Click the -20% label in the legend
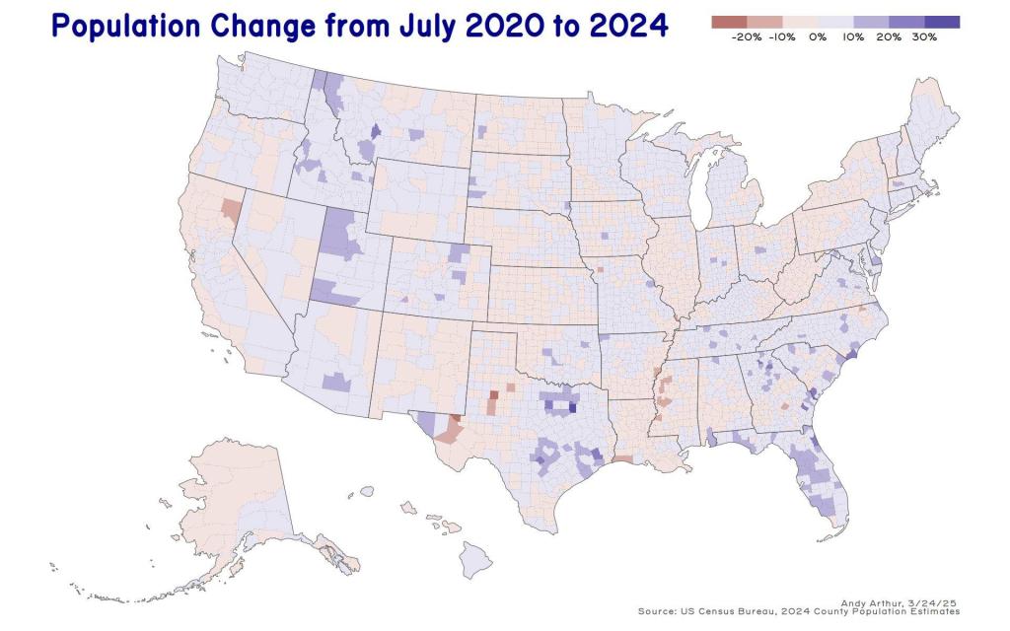(x=748, y=36)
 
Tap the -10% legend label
(x=782, y=36)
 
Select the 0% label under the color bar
(x=818, y=36)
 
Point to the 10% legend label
(x=853, y=36)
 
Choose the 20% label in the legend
(x=889, y=36)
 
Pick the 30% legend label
(x=924, y=36)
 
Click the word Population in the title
(x=117, y=27)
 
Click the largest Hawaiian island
(x=476, y=561)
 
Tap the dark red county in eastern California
(x=230, y=209)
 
